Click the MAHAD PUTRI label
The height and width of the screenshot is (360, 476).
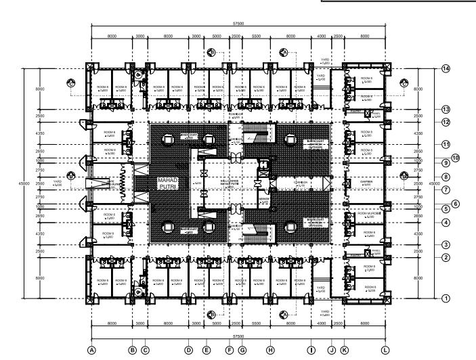click(167, 183)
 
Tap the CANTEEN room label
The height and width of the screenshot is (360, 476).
click(367, 181)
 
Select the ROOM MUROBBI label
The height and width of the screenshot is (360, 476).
click(366, 213)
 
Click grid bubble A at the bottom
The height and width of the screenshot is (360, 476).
click(91, 349)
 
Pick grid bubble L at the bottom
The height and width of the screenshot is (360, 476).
click(385, 349)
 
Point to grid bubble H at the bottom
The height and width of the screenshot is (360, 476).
click(270, 349)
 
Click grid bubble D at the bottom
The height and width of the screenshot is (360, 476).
click(189, 349)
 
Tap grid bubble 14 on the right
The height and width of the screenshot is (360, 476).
click(446, 69)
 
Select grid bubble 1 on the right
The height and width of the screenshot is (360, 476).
click(446, 298)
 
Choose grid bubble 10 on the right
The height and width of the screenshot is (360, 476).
click(455, 158)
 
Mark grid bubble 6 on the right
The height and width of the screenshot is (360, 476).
click(455, 203)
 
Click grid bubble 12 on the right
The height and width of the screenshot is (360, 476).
click(446, 122)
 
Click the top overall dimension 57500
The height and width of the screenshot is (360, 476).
click(238, 24)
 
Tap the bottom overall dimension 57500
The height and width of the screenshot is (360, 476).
click(238, 336)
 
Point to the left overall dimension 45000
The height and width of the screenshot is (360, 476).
click(26, 183)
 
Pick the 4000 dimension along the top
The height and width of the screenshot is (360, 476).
click(321, 35)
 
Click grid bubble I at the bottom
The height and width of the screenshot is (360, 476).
click(311, 349)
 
